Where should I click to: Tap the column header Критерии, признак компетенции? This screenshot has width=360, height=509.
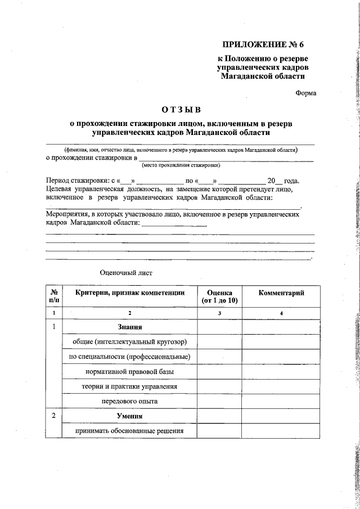click(129, 293)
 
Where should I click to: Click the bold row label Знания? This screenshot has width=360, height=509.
click(129, 327)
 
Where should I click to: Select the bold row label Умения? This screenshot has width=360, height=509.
click(129, 416)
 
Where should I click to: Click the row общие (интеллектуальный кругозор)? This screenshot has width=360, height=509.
click(129, 341)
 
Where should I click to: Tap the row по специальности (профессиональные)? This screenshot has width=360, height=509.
click(129, 357)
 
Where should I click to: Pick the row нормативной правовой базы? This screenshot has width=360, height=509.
click(129, 372)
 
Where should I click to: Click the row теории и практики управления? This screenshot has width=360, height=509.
click(129, 386)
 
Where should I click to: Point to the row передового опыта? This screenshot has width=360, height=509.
click(129, 402)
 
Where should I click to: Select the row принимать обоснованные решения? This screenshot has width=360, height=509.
click(129, 431)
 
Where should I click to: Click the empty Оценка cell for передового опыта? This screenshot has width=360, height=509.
click(219, 402)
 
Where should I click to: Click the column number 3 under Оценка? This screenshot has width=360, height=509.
click(219, 312)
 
